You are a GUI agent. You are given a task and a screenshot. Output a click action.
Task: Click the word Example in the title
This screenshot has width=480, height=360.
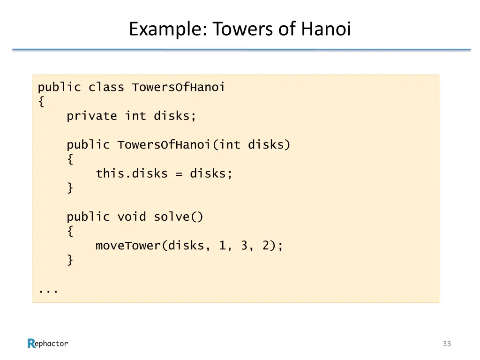(x=164, y=30)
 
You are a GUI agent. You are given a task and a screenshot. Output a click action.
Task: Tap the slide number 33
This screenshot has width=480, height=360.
(x=447, y=344)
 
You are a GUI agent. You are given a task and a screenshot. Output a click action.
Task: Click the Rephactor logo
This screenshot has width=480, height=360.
(x=47, y=344)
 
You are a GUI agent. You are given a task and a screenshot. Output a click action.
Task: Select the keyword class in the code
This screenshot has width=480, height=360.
(x=106, y=88)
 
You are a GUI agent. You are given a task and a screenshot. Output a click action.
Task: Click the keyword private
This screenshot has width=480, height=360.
(x=92, y=116)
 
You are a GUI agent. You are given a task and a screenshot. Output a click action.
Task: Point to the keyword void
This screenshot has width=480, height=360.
(x=132, y=217)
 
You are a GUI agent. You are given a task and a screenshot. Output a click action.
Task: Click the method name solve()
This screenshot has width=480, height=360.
(x=179, y=217)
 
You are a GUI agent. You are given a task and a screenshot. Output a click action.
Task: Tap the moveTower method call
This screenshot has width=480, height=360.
(x=128, y=246)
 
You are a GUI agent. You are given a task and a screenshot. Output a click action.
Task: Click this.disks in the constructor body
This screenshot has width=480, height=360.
(x=132, y=174)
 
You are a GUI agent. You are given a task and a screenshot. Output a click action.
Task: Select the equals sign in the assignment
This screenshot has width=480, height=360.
(x=179, y=174)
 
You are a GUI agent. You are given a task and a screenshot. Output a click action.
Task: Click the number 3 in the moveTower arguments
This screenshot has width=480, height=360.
(x=244, y=246)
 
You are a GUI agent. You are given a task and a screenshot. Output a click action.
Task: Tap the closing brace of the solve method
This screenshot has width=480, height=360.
(x=70, y=260)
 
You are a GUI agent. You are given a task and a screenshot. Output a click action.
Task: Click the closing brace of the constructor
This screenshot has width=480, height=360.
(x=70, y=188)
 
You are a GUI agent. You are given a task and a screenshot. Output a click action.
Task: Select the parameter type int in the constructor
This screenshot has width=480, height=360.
(x=230, y=145)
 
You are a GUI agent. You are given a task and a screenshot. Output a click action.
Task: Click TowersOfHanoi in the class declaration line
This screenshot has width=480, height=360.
(x=179, y=88)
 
